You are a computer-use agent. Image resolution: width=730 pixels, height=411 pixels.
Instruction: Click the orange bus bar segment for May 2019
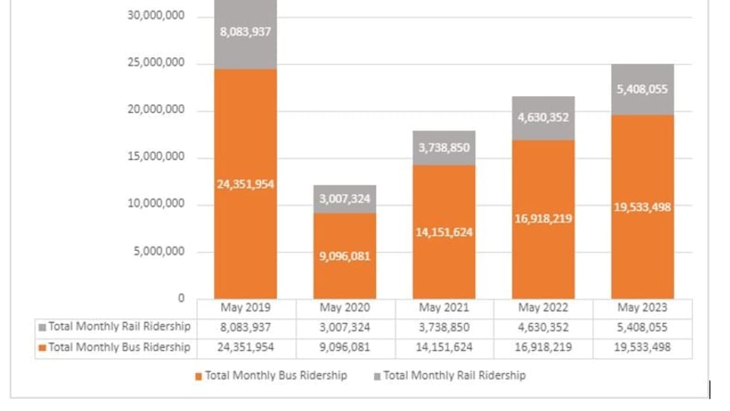pyautogui.click(x=246, y=238)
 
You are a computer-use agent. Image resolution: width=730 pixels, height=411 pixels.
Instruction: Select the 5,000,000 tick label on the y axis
pyautogui.click(x=159, y=252)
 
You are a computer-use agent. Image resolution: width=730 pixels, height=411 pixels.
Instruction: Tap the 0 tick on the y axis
pyautogui.click(x=180, y=299)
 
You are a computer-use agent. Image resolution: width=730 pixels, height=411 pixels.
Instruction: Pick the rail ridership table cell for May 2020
pyautogui.click(x=345, y=328)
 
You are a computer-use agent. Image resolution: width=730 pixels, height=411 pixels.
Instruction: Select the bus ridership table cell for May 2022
pyautogui.click(x=543, y=348)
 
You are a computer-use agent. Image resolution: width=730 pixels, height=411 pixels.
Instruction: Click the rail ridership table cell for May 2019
pyautogui.click(x=246, y=328)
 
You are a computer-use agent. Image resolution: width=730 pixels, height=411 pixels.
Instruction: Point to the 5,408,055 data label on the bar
pyautogui.click(x=642, y=89)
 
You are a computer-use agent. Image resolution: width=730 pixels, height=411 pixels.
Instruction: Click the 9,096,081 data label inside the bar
pyautogui.click(x=345, y=256)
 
